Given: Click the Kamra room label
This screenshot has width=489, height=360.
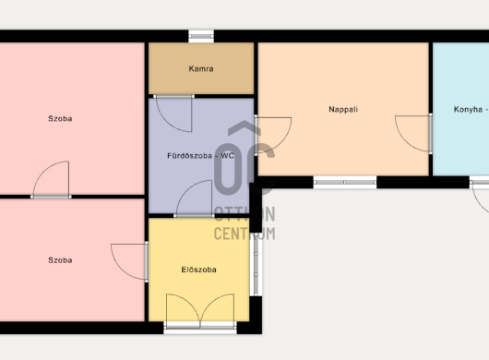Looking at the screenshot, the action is click(x=201, y=68).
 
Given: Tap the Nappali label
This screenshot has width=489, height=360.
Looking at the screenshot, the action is click(x=343, y=110).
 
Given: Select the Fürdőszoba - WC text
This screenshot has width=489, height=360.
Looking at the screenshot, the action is click(x=200, y=156).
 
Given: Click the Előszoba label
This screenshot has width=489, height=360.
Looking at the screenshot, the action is click(x=199, y=270).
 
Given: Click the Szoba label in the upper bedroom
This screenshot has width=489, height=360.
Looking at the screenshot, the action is click(x=60, y=118).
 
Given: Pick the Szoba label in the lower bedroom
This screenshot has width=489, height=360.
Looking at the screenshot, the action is click(x=60, y=260).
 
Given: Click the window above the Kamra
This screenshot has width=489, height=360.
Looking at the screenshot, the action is click(x=201, y=36).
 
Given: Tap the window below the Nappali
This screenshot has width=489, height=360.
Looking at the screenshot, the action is click(x=345, y=182).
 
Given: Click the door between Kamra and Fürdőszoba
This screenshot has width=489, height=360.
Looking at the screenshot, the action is click(x=173, y=113).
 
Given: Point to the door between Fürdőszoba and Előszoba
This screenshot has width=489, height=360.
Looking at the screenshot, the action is click(x=195, y=198).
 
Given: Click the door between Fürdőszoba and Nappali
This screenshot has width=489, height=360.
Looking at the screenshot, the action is click(x=273, y=135).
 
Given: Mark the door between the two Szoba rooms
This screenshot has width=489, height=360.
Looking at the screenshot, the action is click(x=51, y=180).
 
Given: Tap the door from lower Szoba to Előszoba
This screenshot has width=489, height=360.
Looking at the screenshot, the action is click(x=129, y=262).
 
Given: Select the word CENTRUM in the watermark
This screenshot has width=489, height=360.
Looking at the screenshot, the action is click(x=244, y=234).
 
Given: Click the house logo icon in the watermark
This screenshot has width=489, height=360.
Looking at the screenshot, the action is click(x=244, y=158).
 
